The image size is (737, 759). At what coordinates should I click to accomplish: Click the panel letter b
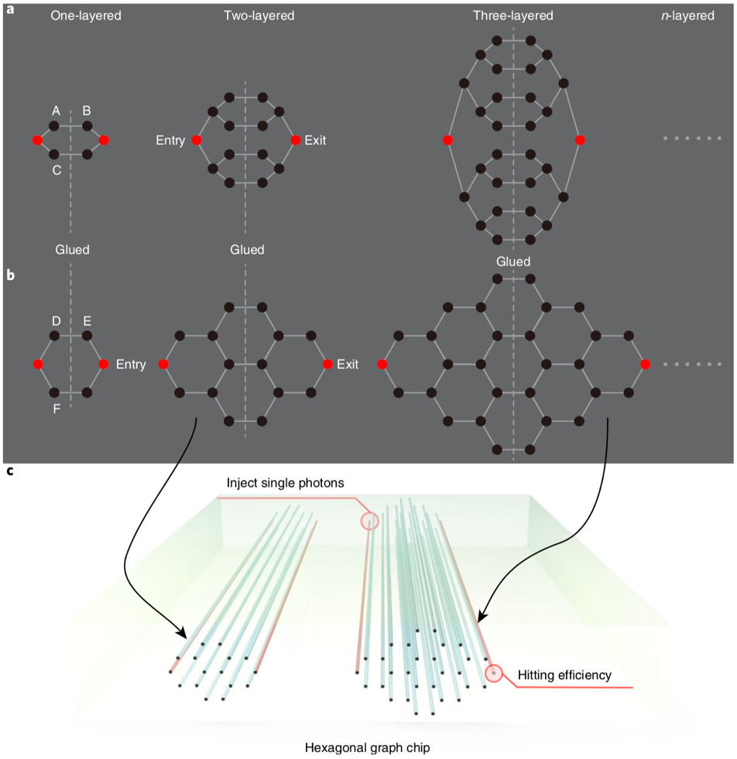pos(10,274)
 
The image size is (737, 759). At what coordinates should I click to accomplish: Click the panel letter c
pos(9,471)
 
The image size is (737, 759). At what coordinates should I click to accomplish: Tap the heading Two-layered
pos(259,15)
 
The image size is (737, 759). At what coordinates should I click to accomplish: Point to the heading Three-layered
pos(513,15)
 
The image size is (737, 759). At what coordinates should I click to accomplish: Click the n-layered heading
pos(688,15)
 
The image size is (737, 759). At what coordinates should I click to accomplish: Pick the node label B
pos(87,111)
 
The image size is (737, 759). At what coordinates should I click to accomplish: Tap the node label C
pos(57,170)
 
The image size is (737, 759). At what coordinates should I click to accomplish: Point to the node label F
pos(57,408)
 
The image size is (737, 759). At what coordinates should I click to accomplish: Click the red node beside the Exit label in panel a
pos(295,140)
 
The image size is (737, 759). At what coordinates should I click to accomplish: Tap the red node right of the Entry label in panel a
pos(197,140)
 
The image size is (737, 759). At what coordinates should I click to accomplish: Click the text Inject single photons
pos(285,483)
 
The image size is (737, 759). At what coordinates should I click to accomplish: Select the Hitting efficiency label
pos(564,675)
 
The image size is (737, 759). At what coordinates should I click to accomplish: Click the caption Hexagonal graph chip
pos(368,747)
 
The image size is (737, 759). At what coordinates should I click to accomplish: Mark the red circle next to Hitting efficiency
pos(493,673)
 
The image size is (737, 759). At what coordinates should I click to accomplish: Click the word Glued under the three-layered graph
pos(513,262)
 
